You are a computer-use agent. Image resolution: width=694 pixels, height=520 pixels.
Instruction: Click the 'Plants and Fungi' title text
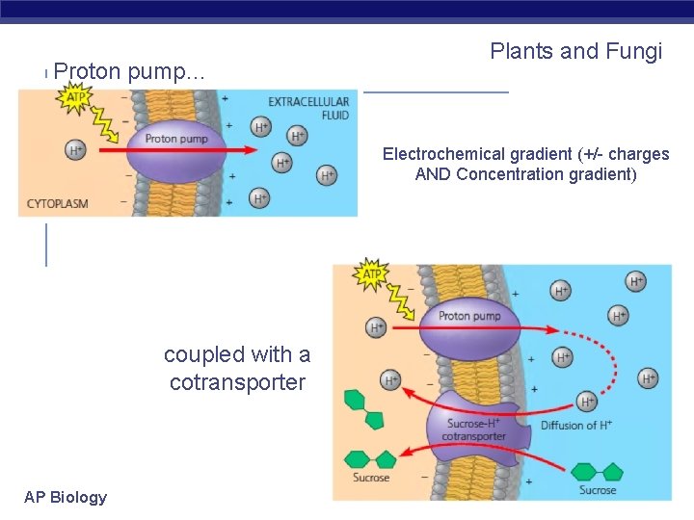(575, 51)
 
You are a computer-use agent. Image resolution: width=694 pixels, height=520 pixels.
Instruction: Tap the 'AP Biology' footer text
(66, 497)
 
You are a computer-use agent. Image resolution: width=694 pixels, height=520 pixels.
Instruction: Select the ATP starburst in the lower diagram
(374, 274)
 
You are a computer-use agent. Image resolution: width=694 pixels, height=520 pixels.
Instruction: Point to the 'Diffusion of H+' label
(575, 425)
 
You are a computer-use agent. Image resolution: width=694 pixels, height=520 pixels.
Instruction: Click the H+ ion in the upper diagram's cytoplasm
(75, 149)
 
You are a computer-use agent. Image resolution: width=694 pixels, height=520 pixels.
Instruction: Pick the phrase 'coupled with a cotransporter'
(236, 368)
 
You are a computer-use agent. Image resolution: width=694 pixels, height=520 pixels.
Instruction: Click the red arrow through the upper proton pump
(231, 149)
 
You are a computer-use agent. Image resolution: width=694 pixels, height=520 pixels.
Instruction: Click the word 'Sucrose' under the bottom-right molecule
(598, 490)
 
